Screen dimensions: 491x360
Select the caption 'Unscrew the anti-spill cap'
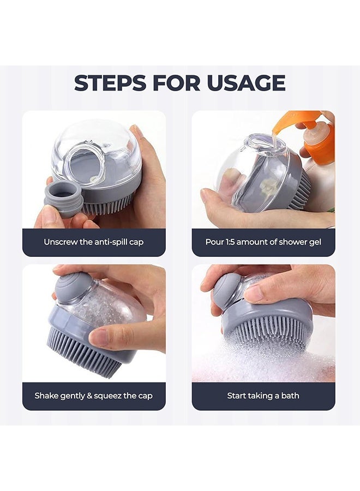click(x=94, y=242)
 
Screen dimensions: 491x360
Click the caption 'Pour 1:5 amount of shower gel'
click(x=263, y=242)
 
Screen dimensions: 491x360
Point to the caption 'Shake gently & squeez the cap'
click(x=94, y=396)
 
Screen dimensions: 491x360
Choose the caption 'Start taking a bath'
click(x=263, y=396)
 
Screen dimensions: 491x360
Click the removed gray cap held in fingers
click(x=63, y=196)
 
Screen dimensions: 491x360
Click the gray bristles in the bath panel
click(x=267, y=333)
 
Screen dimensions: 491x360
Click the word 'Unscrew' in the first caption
click(x=61, y=242)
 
